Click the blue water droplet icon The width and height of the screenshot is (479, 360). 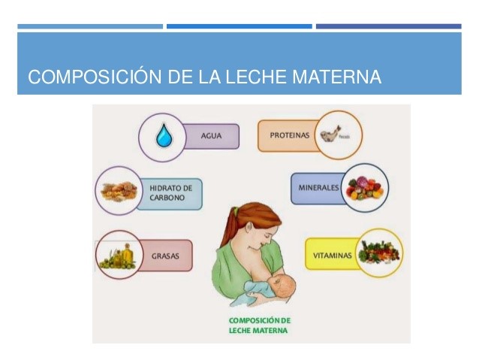coord(164,135)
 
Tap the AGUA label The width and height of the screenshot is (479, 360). coord(211,136)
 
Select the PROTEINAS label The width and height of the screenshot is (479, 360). coord(290,135)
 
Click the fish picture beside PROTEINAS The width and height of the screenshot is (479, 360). coord(331,135)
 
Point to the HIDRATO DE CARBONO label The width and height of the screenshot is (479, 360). coord(170,192)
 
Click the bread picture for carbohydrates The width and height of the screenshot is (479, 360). coord(119,191)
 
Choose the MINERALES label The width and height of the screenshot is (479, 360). coord(318,187)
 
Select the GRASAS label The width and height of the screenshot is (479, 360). coord(165,256)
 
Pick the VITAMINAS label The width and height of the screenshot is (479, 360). coord(333,256)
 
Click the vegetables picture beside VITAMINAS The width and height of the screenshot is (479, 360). coord(379,253)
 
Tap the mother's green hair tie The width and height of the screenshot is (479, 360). coord(236,210)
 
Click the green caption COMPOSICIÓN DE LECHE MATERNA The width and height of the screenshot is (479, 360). coord(259,325)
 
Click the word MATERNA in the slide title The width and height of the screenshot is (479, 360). coord(336,77)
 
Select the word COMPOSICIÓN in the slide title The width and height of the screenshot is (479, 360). coord(95,76)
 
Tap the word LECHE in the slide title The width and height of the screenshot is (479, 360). coord(256,77)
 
